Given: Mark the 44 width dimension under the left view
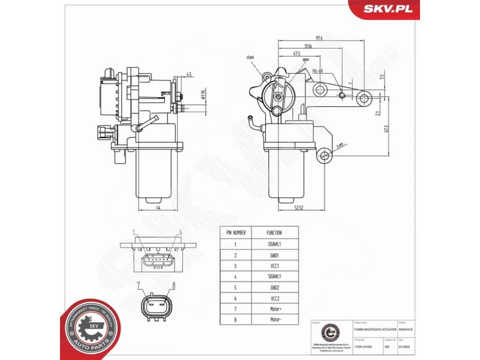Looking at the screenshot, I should pos(158,208).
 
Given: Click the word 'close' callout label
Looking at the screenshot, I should pos(250,57).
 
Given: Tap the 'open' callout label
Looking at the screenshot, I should pos(306,60).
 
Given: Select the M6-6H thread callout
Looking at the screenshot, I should pos(318,71).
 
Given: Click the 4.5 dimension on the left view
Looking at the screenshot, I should pos(188,75).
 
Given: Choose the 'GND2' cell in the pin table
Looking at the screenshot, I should pos(274,287).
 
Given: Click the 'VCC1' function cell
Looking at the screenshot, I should pos(274,265).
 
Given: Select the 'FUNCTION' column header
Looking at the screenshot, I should pos(274,232).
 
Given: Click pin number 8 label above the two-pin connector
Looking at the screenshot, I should pos(173,286).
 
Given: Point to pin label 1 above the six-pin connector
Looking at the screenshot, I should pos(133,232).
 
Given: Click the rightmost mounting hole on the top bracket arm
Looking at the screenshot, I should pos(363,97).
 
